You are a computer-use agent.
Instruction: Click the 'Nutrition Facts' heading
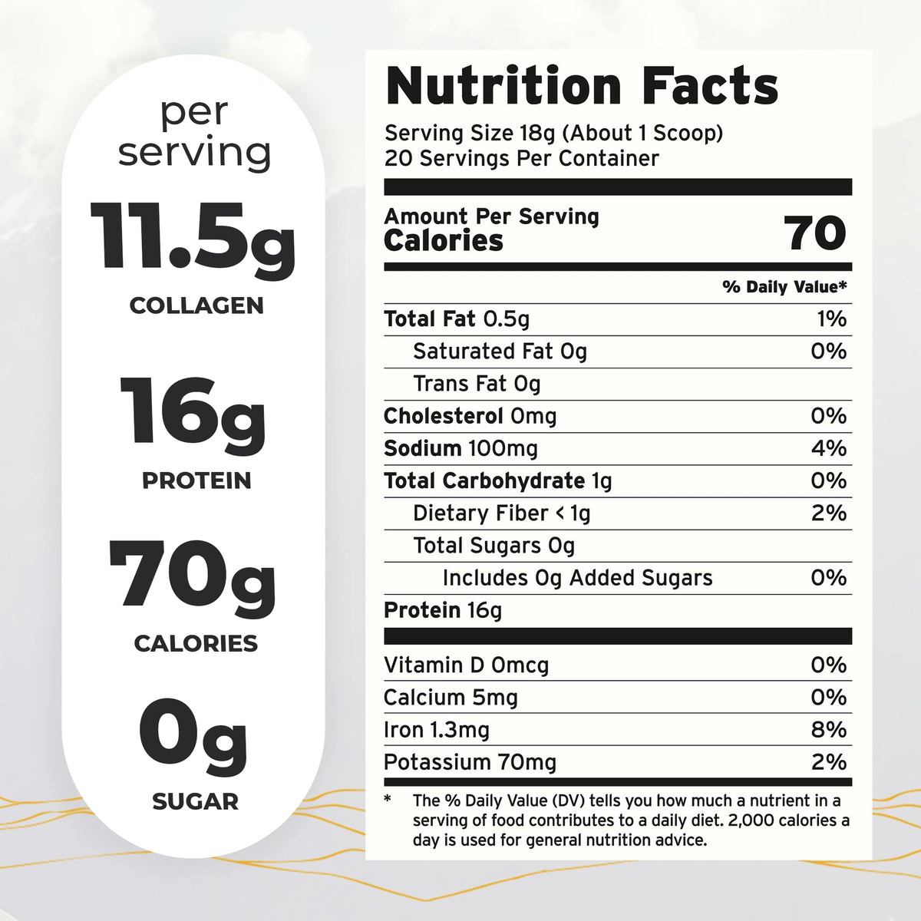click(582, 87)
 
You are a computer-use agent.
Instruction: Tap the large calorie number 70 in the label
click(815, 233)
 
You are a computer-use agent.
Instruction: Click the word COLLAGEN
click(196, 306)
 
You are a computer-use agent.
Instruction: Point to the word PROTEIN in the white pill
click(196, 480)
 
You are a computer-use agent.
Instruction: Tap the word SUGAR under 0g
click(196, 801)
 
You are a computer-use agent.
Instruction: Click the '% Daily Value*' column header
click(784, 287)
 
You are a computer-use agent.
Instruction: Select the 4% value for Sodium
click(829, 448)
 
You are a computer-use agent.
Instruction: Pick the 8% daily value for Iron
click(829, 730)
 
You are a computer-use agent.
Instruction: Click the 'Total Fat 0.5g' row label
click(457, 319)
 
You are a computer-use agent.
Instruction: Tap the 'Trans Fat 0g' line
click(477, 384)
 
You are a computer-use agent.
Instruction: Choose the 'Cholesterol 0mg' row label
click(470, 416)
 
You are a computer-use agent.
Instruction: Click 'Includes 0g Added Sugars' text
click(577, 577)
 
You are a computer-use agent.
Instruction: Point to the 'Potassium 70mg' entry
click(470, 762)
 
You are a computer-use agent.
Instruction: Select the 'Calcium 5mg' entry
click(451, 698)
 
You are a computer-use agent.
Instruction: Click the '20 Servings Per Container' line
click(522, 158)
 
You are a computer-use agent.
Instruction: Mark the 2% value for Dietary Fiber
click(829, 513)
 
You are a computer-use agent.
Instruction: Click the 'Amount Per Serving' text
click(491, 216)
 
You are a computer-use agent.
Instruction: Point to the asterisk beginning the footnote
click(388, 799)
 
